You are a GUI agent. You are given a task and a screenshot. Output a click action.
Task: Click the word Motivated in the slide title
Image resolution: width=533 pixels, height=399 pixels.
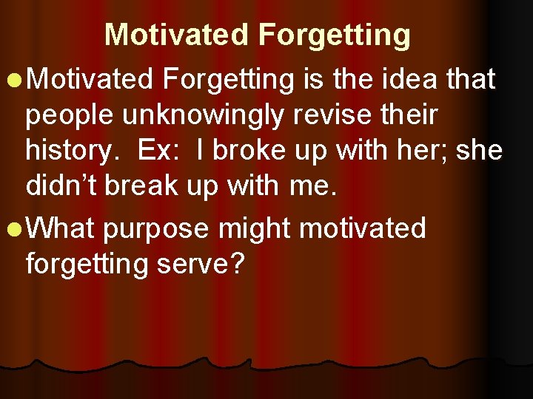[176, 35]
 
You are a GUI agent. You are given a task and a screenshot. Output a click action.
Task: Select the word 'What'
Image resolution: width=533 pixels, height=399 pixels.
[62, 229]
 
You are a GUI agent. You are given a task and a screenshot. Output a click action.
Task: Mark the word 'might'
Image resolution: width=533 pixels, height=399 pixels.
[255, 229]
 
